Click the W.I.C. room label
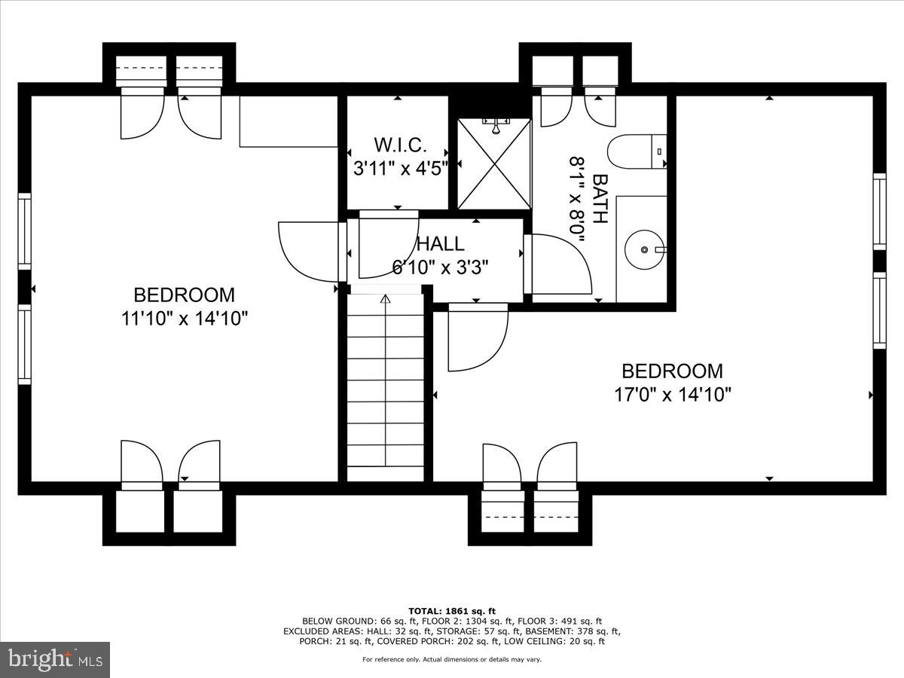401,145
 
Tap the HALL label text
441,244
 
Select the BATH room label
600,199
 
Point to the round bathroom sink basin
644,249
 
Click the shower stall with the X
494,163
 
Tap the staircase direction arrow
386,300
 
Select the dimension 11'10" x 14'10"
185,319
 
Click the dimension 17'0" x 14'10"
672,395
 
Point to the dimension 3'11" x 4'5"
401,167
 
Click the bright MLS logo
55,659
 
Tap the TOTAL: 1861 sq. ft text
452,611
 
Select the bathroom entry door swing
561,264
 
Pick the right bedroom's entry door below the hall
477,339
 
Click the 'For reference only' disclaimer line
452,660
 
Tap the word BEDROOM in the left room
185,295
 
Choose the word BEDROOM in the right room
672,371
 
